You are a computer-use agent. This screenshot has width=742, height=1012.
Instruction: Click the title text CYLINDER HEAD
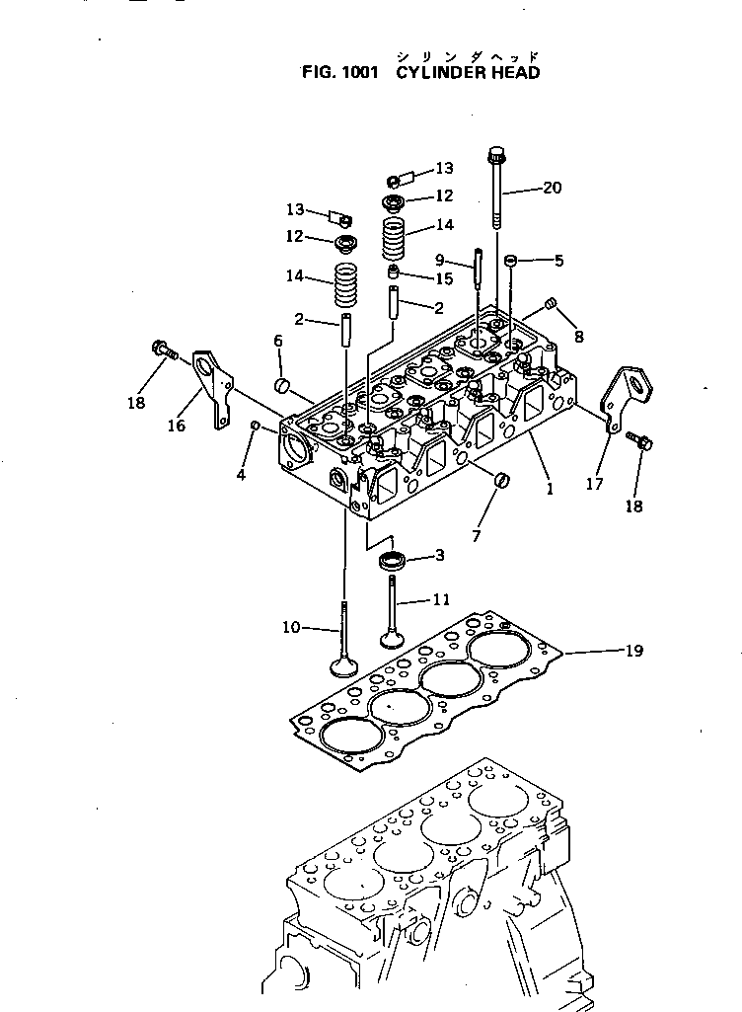pyautogui.click(x=468, y=73)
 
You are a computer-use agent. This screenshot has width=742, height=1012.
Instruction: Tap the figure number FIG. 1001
pyautogui.click(x=338, y=73)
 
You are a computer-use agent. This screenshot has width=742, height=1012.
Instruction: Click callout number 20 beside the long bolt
pyautogui.click(x=552, y=188)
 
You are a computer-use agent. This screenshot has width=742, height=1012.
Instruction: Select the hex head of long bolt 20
pyautogui.click(x=496, y=155)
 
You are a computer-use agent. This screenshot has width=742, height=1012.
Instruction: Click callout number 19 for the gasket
pyautogui.click(x=633, y=651)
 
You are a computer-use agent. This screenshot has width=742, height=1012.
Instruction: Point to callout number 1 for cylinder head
pyautogui.click(x=550, y=488)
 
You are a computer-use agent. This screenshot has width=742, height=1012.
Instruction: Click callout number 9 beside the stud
pyautogui.click(x=440, y=260)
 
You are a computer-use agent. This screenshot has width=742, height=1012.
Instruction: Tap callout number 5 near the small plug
pyautogui.click(x=558, y=261)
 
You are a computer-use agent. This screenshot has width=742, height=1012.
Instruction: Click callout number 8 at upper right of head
pyautogui.click(x=578, y=337)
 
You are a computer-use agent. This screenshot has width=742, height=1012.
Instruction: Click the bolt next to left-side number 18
pyautogui.click(x=162, y=349)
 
